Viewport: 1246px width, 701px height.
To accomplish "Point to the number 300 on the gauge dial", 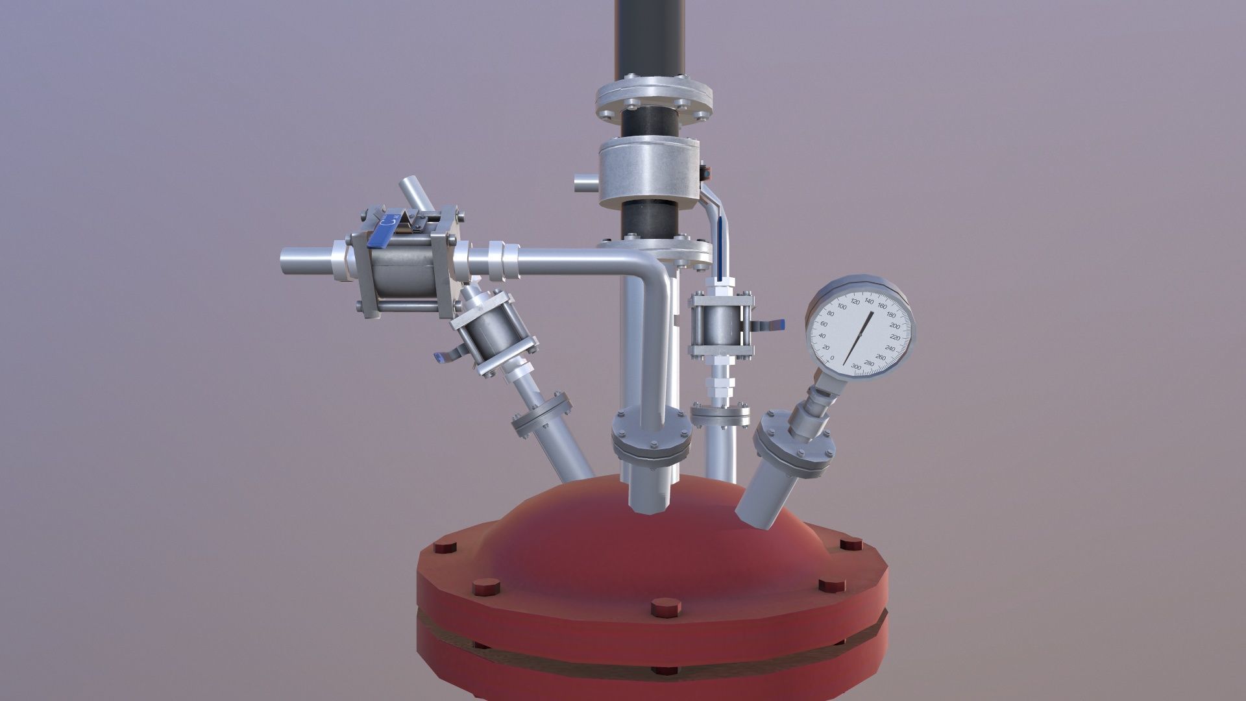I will click(856, 367).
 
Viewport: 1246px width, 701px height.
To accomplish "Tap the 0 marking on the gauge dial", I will click(833, 358).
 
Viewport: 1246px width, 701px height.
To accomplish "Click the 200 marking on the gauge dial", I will click(894, 326).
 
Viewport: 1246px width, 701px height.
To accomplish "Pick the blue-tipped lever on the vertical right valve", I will click(773, 324).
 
